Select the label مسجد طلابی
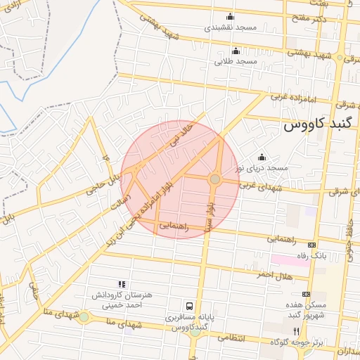click(236, 61)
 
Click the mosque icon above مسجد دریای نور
click(262, 157)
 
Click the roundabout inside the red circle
click(215, 179)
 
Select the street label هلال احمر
click(272, 274)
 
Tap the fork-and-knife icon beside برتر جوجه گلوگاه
click(296, 331)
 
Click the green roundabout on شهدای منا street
click(84, 317)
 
